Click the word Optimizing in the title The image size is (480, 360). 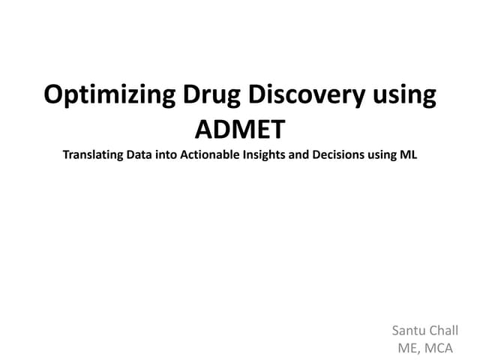[108, 96]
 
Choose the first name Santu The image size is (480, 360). [409, 330]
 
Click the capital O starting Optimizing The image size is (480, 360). [53, 96]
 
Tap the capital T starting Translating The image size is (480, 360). [67, 156]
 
